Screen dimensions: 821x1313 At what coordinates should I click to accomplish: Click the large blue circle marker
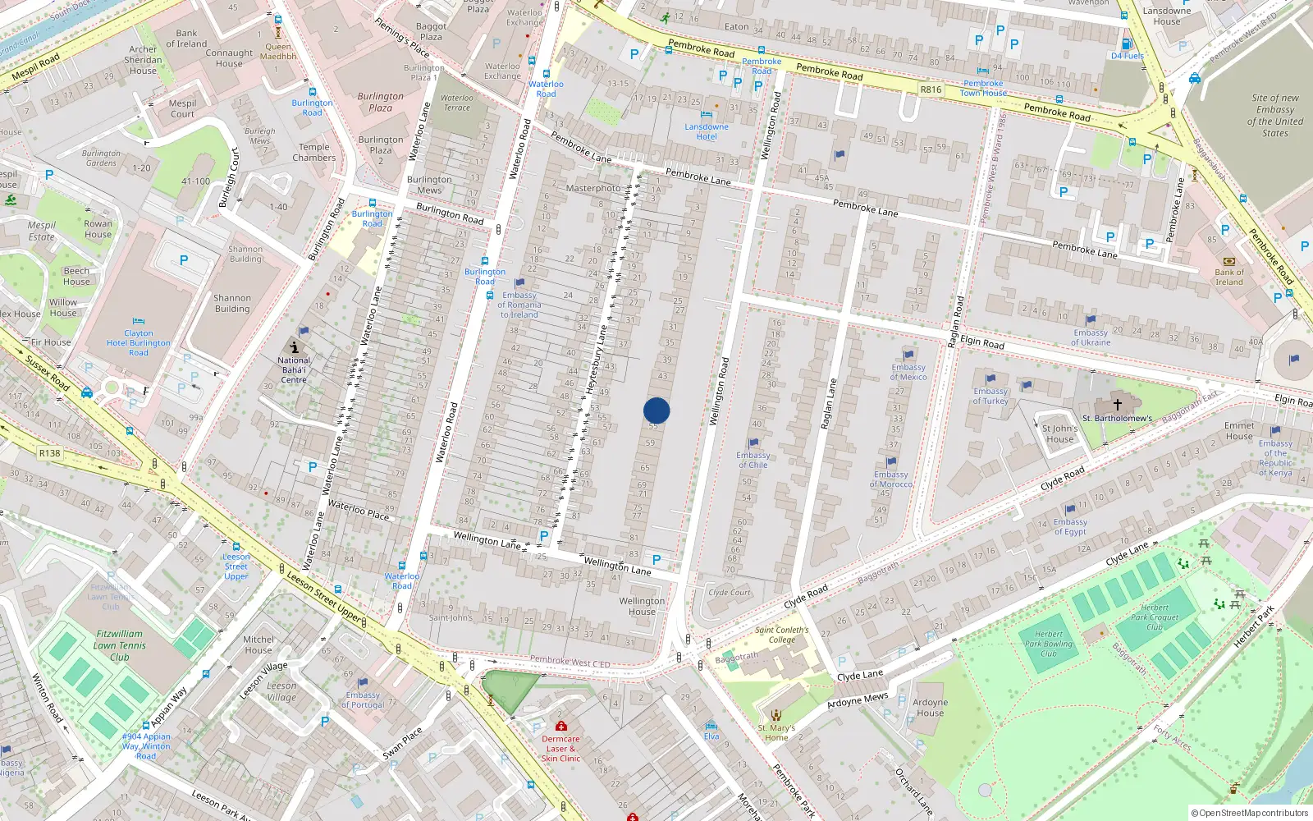coord(656,410)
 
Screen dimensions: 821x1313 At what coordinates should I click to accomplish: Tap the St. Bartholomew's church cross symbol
coord(1117,405)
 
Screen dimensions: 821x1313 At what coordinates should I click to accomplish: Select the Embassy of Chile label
coord(753,460)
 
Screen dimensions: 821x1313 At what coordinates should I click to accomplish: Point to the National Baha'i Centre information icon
coord(294,347)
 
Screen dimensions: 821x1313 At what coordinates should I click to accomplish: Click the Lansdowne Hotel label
coord(706,131)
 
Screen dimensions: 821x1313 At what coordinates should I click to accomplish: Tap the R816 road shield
coord(931,89)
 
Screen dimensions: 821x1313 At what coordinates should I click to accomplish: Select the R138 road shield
coord(49,453)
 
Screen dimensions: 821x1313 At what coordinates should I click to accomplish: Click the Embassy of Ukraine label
coord(1090,337)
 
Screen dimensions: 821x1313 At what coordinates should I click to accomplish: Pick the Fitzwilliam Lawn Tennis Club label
coord(120,645)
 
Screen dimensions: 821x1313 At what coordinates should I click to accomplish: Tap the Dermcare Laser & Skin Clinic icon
coord(561,727)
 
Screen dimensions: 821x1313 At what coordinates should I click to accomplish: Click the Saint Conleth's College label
coord(781,635)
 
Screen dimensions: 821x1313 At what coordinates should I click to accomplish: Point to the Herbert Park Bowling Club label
coord(1049,644)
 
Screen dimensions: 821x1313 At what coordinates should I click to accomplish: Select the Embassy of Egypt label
coord(1070,526)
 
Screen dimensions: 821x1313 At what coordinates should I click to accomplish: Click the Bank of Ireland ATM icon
coord(1228,261)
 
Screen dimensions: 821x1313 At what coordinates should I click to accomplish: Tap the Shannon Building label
coord(232,304)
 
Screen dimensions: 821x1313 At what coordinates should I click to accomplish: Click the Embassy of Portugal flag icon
coord(363,683)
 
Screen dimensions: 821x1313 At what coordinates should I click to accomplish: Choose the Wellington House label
coord(642,606)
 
